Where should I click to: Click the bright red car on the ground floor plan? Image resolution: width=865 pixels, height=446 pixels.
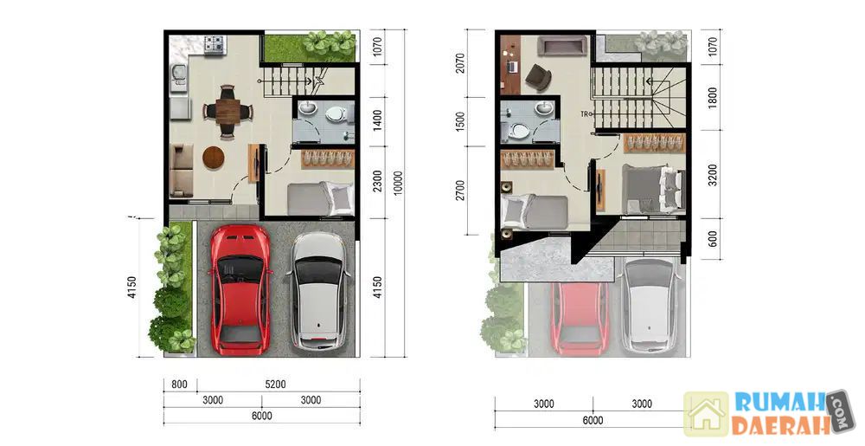[x=240, y=290]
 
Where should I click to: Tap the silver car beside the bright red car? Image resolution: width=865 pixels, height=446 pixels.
[x=320, y=291]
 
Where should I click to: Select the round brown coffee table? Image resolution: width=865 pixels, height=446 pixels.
[x=214, y=158]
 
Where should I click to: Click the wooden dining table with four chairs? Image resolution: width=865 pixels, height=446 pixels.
[x=227, y=112]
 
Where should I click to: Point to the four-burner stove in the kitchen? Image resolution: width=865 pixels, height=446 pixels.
[x=215, y=45]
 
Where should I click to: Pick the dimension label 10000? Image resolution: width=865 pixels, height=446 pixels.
[x=398, y=183]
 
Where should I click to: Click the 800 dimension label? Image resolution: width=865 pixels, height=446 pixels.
[x=179, y=385]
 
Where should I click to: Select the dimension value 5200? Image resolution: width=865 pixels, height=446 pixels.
[x=275, y=385]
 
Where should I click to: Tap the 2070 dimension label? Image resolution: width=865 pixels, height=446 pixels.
[x=460, y=63]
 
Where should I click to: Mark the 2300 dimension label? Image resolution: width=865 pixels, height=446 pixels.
[x=377, y=181]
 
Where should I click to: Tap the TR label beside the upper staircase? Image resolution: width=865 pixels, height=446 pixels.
[x=584, y=114]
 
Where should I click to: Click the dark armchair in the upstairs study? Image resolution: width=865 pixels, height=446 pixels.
[x=538, y=77]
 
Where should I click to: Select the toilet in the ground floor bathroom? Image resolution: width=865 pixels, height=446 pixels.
[x=335, y=114]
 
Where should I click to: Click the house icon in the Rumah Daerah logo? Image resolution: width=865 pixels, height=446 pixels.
[x=707, y=414]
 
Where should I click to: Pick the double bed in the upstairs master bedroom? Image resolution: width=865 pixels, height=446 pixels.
[x=653, y=189]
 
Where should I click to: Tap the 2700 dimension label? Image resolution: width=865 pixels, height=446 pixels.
[x=460, y=190]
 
